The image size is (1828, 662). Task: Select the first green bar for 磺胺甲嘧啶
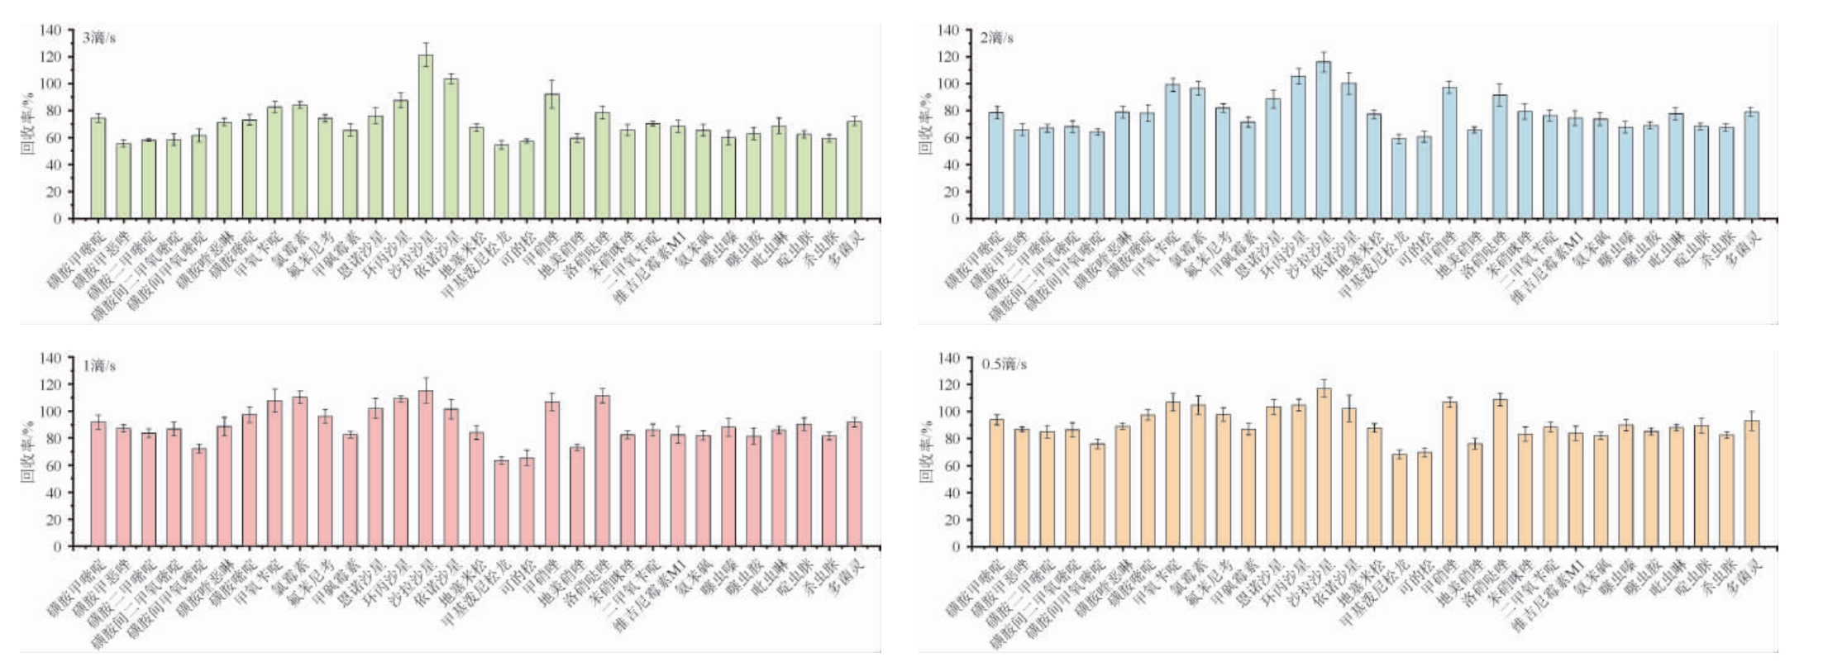[x=98, y=169]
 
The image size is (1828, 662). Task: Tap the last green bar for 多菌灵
[x=854, y=170]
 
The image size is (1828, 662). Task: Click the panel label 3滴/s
[x=98, y=38]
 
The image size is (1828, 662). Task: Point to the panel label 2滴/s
[x=997, y=38]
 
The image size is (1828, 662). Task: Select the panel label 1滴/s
[x=98, y=366]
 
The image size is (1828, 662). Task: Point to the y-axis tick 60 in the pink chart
[x=54, y=466]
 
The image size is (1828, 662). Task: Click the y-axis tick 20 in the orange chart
[x=952, y=520]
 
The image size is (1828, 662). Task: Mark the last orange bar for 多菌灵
[x=1751, y=484]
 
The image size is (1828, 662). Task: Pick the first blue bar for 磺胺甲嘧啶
[x=996, y=166]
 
